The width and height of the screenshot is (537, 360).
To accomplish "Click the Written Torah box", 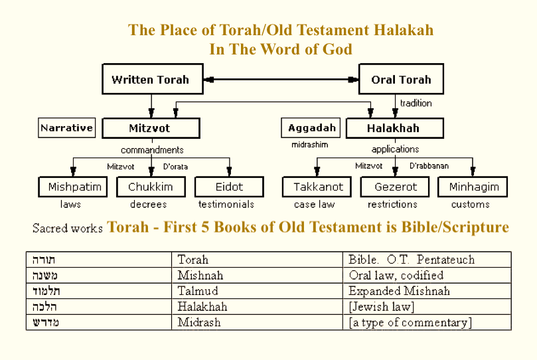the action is [153, 79].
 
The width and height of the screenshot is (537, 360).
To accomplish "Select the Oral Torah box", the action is [401, 79].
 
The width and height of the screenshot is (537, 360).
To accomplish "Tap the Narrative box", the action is [67, 128].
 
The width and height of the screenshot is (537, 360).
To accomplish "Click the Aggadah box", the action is [311, 128].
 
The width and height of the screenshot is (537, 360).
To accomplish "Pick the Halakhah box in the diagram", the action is [395, 128].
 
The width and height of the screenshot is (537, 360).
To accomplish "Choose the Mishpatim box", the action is [72, 187].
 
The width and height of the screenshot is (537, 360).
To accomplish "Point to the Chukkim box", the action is [151, 187].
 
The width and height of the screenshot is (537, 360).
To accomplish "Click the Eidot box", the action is [229, 187].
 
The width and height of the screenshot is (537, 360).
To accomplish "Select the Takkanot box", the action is [317, 187].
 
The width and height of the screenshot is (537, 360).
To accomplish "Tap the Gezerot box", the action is [395, 187].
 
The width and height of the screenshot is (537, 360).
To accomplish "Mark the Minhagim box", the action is [473, 187].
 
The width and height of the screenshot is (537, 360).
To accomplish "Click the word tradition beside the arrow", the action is [416, 103].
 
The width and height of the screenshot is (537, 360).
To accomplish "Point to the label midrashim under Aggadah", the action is [309, 145].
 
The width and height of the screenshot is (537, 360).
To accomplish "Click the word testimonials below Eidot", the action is [226, 204].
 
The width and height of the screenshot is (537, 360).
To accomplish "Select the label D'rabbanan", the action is [429, 166].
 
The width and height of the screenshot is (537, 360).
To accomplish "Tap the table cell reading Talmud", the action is [257, 291].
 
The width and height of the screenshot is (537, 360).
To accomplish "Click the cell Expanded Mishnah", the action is [427, 291].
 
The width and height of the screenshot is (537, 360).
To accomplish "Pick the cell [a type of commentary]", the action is [427, 322].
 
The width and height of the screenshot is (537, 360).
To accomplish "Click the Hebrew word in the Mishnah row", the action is [45, 276].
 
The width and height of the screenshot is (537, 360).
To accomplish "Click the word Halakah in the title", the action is [403, 30].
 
